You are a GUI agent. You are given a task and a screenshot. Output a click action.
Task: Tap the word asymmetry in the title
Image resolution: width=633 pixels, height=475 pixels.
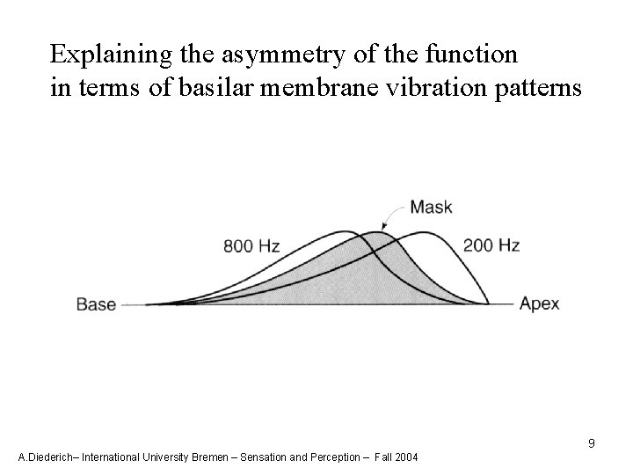256,55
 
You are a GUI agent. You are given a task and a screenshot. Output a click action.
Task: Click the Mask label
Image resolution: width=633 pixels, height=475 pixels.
432,208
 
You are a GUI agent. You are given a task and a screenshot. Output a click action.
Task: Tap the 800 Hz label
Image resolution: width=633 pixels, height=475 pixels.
252,246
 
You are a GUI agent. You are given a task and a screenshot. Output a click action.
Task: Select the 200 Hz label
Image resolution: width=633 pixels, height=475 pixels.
491,245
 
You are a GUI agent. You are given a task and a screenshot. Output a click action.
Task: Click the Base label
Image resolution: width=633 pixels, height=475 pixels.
97,305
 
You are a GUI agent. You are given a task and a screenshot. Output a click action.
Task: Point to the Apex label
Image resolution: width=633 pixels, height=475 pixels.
540,305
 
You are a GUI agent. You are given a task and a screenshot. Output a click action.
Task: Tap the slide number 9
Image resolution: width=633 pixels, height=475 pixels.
592,443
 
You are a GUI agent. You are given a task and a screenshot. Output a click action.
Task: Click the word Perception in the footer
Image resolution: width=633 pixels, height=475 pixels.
334,457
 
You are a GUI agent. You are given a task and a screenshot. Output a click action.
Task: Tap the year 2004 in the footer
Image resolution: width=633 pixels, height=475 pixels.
405,457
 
